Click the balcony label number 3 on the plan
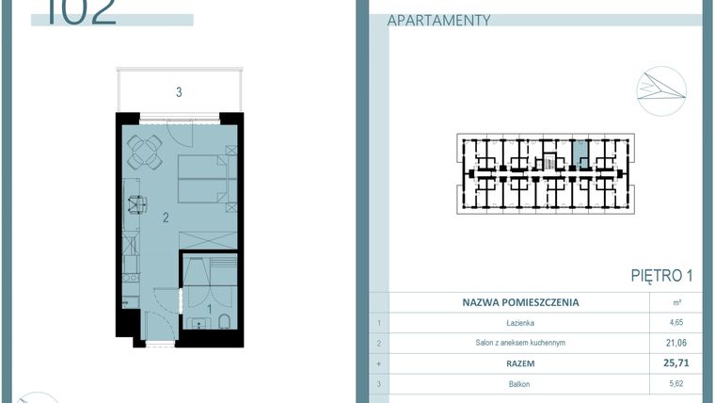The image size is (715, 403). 178,92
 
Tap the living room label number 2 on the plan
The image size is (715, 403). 165,218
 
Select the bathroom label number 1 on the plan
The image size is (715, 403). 208,308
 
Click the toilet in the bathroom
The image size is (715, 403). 225,326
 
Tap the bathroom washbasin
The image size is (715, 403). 198,326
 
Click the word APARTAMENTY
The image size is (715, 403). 438,20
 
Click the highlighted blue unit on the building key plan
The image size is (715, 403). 580,153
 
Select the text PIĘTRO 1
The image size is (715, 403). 661,276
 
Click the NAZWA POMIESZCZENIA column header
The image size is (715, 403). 520,303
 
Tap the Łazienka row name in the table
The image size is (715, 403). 520,323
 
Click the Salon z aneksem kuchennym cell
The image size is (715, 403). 520,343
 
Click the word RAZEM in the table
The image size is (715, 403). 520,363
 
